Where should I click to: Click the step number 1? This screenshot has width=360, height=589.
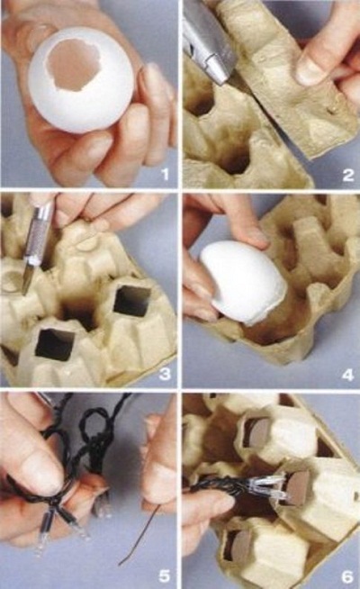coord(165,175)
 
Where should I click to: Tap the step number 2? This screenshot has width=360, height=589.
coord(347,175)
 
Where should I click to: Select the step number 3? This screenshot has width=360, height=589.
coord(165,374)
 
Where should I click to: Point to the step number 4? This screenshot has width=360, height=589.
coord(347,374)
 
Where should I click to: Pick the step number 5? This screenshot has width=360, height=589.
coord(164,575)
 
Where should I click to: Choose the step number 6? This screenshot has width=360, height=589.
coord(347,575)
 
